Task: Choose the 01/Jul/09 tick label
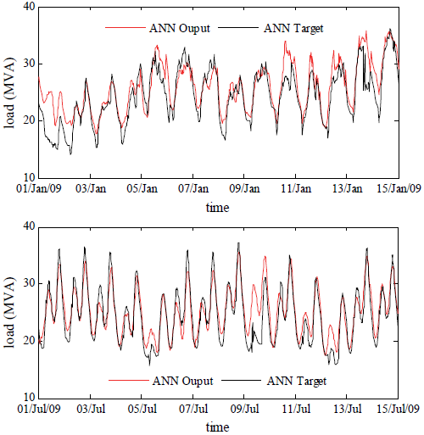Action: [x=37, y=409]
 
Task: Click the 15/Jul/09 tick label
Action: [x=397, y=409]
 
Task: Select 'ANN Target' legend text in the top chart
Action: [x=295, y=28]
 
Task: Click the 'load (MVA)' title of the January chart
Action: [x=9, y=92]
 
